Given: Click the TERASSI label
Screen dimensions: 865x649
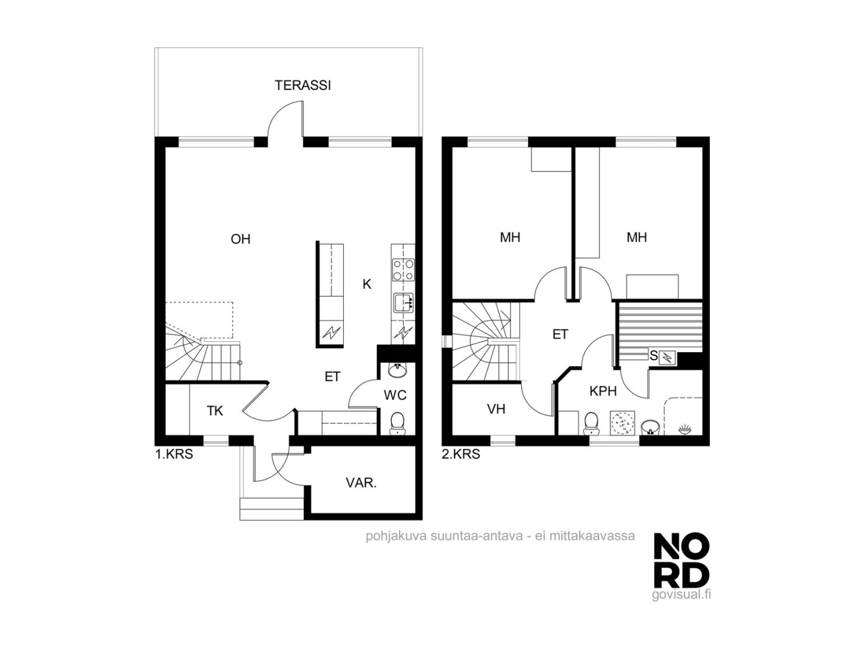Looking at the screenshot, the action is [x=302, y=85].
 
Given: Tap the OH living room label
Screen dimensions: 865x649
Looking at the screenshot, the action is [x=241, y=239].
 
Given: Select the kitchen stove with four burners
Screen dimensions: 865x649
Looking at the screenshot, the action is [x=403, y=270].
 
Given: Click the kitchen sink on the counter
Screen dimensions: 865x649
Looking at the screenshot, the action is [x=403, y=303].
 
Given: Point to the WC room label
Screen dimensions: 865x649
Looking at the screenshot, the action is [x=395, y=395].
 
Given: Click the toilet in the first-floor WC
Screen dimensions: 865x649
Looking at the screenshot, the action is [x=397, y=423].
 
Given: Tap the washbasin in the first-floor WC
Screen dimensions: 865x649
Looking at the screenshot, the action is [x=397, y=370].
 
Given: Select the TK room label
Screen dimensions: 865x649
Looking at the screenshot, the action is [x=215, y=411].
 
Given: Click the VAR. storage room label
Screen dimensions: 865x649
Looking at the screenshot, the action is [x=361, y=482].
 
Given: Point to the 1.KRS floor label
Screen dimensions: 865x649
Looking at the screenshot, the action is [x=174, y=455].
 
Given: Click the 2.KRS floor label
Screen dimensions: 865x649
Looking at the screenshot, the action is [x=461, y=455].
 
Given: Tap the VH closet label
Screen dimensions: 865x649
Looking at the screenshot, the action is [x=496, y=409].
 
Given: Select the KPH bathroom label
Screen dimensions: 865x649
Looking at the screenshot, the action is [x=603, y=391].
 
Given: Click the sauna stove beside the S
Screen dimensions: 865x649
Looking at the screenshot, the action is [x=667, y=357].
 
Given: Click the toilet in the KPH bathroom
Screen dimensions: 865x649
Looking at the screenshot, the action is [x=591, y=423].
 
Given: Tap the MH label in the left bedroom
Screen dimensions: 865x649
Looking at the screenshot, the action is [x=510, y=237].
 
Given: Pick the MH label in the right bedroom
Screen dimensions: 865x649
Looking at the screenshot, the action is [x=637, y=237].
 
